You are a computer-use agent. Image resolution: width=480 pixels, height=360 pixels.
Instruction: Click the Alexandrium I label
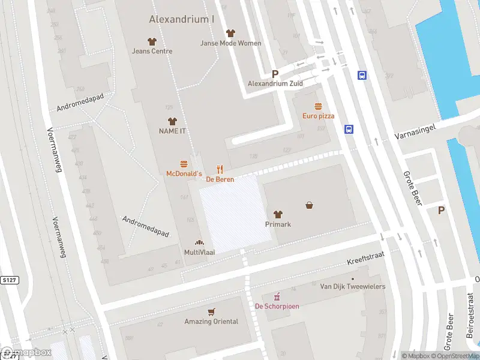click(181, 19)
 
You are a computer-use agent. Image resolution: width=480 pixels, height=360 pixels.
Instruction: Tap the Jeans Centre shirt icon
click(152, 41)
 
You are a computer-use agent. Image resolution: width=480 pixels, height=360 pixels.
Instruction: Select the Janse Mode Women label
click(230, 43)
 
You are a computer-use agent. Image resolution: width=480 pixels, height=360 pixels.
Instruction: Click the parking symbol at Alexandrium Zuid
click(275, 74)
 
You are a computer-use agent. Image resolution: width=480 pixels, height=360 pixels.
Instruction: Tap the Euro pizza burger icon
click(318, 106)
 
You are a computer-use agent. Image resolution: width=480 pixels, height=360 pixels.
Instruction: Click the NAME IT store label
click(172, 131)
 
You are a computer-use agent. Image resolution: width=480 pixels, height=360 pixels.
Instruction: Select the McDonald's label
click(184, 173)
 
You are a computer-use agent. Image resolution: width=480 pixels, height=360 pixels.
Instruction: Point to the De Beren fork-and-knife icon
click(220, 170)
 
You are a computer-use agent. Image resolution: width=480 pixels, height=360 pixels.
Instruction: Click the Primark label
click(278, 224)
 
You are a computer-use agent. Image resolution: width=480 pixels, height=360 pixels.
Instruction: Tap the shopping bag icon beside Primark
click(310, 205)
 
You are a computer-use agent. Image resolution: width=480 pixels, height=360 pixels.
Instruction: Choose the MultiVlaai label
click(199, 253)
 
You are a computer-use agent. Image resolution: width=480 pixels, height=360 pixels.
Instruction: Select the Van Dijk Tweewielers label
click(353, 287)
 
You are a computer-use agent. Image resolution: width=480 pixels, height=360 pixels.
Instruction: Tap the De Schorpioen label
click(277, 306)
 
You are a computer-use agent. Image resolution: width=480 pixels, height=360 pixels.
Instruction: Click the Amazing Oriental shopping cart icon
click(211, 312)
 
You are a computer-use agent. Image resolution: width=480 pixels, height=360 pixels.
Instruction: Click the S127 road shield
click(9, 279)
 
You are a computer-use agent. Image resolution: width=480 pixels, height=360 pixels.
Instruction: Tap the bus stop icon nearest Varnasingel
click(349, 129)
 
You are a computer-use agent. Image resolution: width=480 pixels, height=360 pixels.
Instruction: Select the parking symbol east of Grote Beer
click(442, 210)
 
